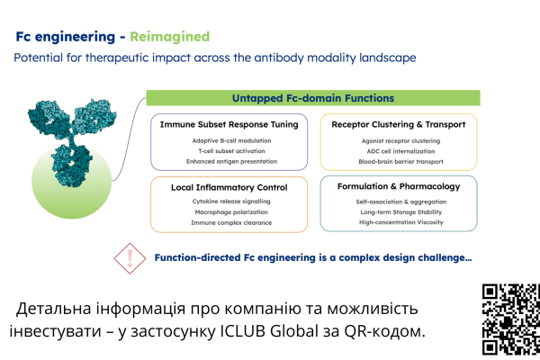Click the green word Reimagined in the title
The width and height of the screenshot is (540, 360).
point(170,37)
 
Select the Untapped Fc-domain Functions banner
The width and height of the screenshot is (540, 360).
point(313,97)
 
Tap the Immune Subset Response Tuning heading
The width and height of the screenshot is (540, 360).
point(229,124)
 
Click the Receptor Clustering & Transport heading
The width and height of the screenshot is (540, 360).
point(398,124)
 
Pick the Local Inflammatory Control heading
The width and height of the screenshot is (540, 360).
point(229,186)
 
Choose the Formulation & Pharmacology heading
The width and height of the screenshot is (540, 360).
point(398,186)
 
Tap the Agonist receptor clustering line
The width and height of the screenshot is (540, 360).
point(398,140)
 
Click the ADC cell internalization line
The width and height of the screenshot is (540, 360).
point(398,151)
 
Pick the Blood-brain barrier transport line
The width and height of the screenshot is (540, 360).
point(398,162)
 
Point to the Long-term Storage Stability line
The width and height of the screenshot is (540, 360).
point(398,211)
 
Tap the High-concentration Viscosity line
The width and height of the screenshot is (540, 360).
point(398,222)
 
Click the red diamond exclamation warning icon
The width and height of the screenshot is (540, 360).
point(130,258)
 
